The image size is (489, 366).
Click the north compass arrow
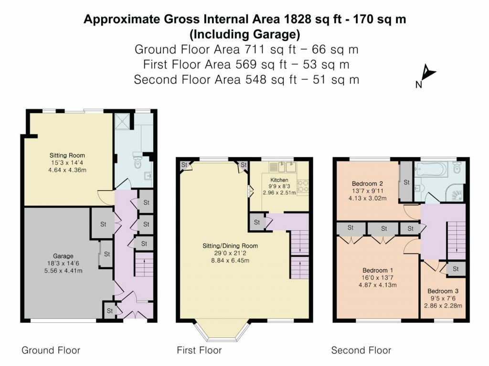(x=428, y=73)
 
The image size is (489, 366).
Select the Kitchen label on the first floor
(x=279, y=180)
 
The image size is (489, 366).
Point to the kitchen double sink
(x=283, y=167)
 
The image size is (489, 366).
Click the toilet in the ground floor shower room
(x=138, y=162)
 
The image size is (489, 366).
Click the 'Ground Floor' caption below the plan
(x=51, y=351)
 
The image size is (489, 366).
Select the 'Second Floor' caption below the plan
(x=361, y=351)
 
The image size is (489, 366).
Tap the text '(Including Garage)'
(x=244, y=34)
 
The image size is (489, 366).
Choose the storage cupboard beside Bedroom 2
(x=406, y=182)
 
